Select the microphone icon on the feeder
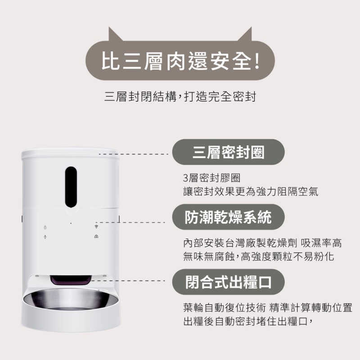pos(45,237)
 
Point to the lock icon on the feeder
pos(45,227)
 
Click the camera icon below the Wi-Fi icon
pos(96,237)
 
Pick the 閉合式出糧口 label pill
pos(229,282)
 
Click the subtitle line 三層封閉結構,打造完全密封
pos(180,96)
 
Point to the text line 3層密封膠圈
pos(212,178)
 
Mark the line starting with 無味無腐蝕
pos(258,256)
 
